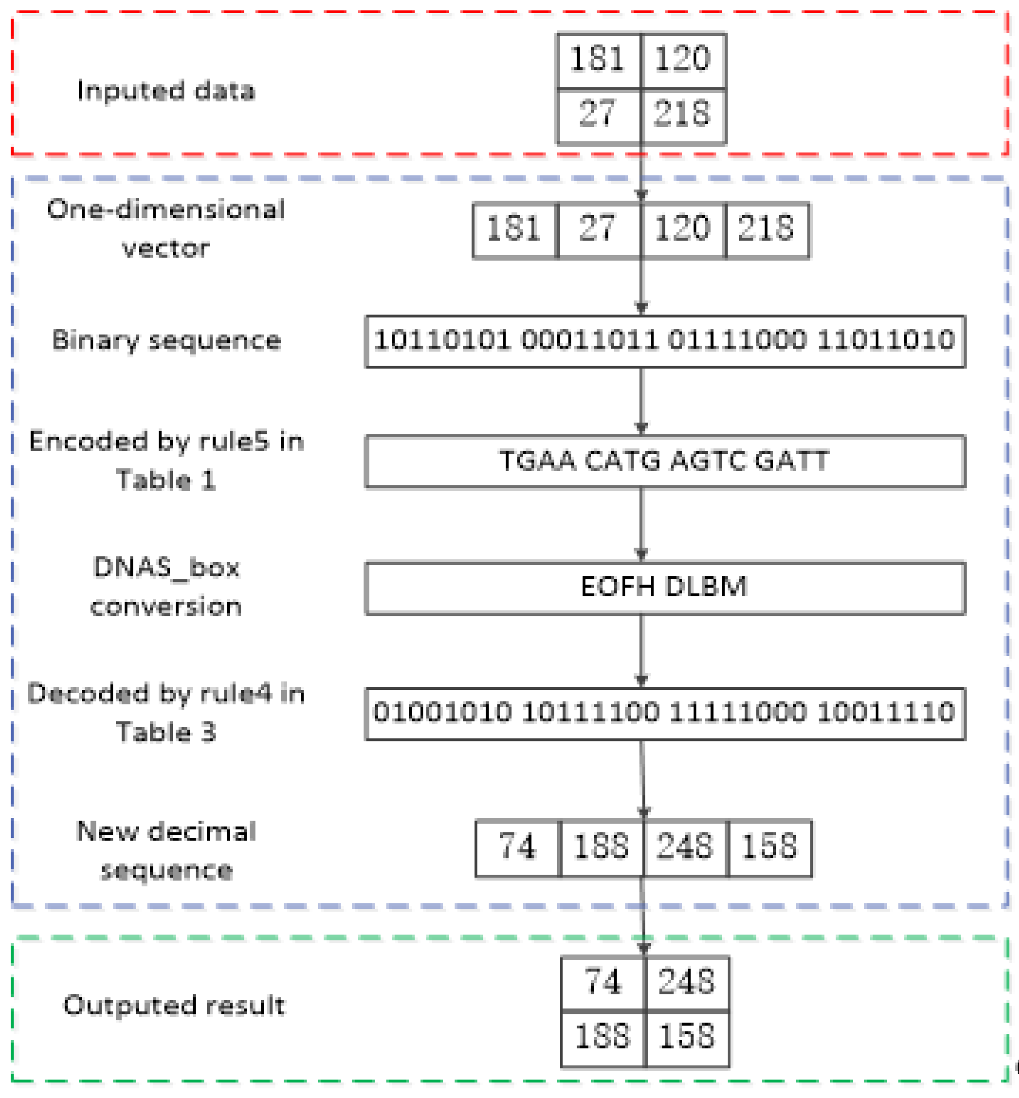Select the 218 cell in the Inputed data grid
(x=683, y=115)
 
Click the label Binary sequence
(x=167, y=340)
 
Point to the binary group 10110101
(x=442, y=340)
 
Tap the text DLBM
(x=706, y=586)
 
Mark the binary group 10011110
(x=886, y=712)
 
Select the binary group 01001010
(x=442, y=712)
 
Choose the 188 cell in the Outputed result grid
(x=602, y=1036)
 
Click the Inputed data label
(x=166, y=91)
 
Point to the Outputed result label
(x=174, y=1005)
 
